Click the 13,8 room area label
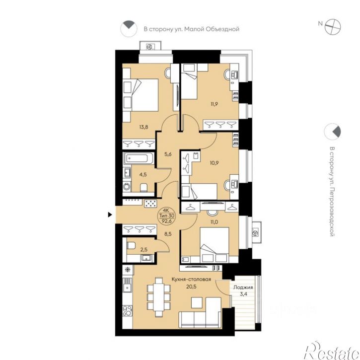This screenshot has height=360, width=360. click(x=144, y=127)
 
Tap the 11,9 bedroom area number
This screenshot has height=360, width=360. click(x=214, y=104)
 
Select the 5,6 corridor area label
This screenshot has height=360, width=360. click(x=168, y=154)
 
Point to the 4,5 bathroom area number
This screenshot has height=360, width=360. click(x=143, y=174)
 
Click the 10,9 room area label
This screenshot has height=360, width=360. click(x=214, y=163)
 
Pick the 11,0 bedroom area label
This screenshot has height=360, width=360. click(x=214, y=222)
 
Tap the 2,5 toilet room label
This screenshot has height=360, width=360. click(x=144, y=250)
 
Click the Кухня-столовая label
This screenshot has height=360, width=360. click(x=192, y=280)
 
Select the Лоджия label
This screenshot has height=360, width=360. click(x=243, y=287)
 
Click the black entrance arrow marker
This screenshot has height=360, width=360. click(x=110, y=215)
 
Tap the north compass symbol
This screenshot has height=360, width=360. click(x=333, y=27)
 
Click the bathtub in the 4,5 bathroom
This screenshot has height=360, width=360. click(x=139, y=158)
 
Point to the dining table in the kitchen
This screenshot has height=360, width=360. click(x=158, y=297)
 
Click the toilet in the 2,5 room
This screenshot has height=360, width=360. click(x=131, y=246)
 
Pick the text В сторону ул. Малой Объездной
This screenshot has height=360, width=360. click(x=192, y=29)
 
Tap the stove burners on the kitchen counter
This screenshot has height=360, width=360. click(x=128, y=311)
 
